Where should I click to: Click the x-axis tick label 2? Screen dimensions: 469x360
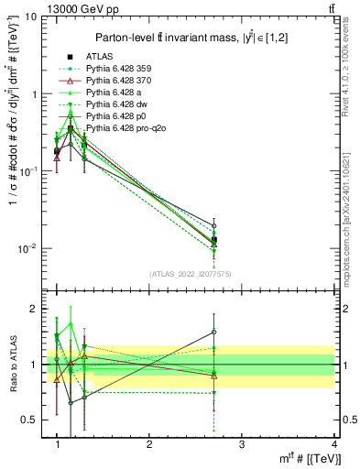(x=149, y=443)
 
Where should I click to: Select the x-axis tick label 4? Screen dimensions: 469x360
(x=333, y=443)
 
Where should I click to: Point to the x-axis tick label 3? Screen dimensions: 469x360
(x=241, y=443)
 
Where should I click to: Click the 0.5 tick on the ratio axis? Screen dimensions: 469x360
(x=31, y=420)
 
